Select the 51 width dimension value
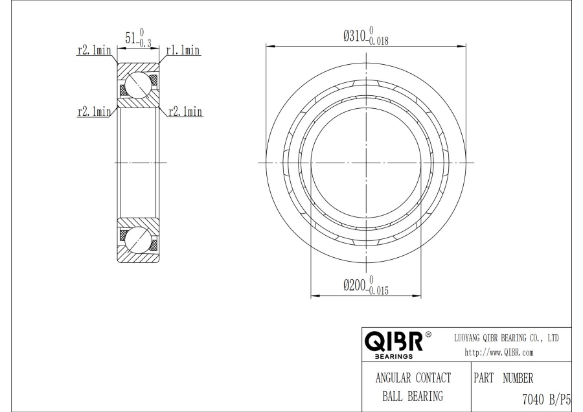pos(130,38)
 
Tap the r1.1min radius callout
pos(183,50)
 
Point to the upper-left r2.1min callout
pos(94,50)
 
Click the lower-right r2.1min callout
pos(185,111)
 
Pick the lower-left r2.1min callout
pos(94,111)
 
